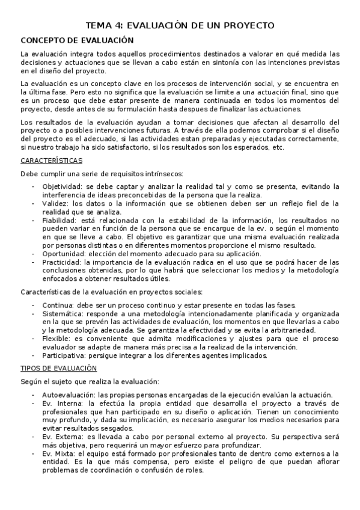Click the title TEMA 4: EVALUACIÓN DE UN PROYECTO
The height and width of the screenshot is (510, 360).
click(180, 25)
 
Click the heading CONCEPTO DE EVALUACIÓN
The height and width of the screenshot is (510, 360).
click(76, 40)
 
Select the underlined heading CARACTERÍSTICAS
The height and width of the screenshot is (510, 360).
click(52, 161)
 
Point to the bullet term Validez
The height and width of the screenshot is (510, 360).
click(55, 204)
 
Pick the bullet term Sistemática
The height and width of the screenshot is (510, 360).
click(63, 314)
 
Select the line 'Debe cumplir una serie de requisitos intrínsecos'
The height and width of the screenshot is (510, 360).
click(102, 174)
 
